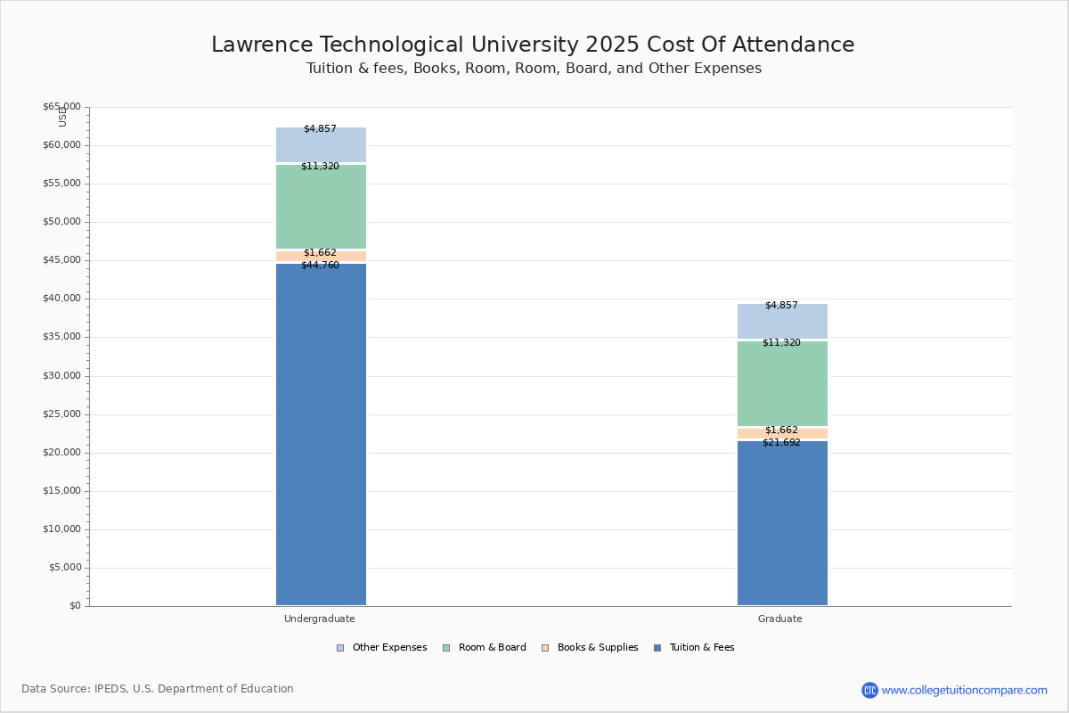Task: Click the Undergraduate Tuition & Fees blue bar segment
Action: click(x=321, y=437)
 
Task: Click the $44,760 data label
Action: click(x=320, y=266)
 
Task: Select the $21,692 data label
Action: click(x=781, y=443)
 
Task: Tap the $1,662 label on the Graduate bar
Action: click(x=781, y=430)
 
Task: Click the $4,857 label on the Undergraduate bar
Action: click(x=320, y=129)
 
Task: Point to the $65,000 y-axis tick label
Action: click(x=61, y=107)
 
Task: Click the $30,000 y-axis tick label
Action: click(x=61, y=376)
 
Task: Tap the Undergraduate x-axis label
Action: click(x=320, y=619)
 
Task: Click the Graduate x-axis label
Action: click(x=780, y=619)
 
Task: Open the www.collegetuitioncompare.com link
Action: click(x=964, y=690)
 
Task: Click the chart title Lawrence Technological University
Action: click(x=533, y=45)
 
